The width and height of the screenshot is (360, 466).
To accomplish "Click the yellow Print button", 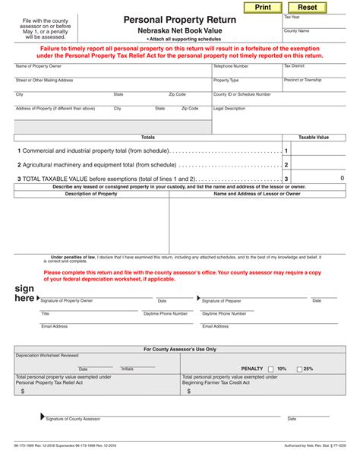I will coord(262,7).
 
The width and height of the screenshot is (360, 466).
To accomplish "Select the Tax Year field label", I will coord(292,17).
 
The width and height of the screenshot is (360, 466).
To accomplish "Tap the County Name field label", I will coord(297,31).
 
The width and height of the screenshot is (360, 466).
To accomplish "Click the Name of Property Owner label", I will coord(39,66).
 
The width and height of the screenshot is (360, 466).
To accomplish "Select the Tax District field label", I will coord(294,66).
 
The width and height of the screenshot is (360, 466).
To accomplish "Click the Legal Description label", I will coord(229,109).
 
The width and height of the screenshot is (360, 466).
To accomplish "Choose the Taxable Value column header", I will coord(313,138).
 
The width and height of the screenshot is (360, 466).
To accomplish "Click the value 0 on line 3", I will coord(342,178).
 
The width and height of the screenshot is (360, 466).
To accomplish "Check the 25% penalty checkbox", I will coord(299,369).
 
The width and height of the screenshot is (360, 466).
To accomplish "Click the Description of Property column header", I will coord(91,194).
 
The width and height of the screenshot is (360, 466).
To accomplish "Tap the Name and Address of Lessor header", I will coord(257,194).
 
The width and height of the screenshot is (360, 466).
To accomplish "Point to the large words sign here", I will coord(25,293).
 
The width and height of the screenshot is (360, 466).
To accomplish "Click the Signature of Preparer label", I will coord(222,301).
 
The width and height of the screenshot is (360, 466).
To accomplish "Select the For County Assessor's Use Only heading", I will coord(180,350).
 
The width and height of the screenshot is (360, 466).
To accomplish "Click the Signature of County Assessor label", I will coord(72,419).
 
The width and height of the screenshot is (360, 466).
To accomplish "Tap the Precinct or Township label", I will coord(302,80).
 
